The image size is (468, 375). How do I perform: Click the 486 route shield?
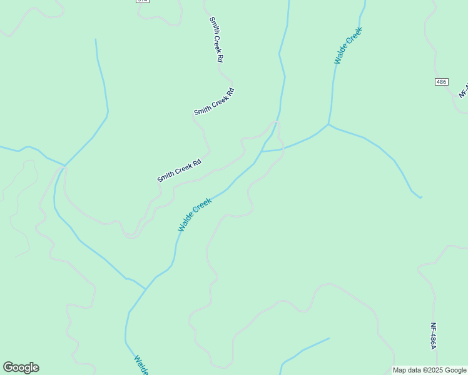[x=442, y=82]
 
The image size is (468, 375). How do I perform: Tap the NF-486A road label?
[x=433, y=336]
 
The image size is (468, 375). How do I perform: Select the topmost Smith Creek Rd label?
[x=216, y=39]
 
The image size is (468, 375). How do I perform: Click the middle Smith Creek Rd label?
[x=214, y=102]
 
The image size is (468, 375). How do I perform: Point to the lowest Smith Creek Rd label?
[x=179, y=171]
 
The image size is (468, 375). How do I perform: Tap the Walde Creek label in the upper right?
[x=348, y=46]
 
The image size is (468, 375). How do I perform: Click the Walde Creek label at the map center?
[x=195, y=215]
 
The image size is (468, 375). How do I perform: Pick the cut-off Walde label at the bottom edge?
[x=141, y=365]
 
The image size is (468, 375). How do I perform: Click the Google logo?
[x=21, y=367]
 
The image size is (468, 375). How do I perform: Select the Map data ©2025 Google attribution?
[x=429, y=370]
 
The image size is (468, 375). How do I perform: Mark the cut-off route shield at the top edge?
[x=142, y=1]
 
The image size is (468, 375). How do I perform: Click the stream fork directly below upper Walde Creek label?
[x=328, y=124]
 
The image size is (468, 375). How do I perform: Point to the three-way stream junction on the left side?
[x=65, y=166]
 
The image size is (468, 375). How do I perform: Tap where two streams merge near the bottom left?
[x=146, y=289]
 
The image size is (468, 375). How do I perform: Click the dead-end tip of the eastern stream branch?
[x=421, y=197]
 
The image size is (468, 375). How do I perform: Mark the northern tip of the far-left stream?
[x=96, y=39]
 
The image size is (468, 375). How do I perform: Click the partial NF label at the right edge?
[x=464, y=90]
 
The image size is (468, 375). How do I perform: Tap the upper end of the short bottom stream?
[x=329, y=338]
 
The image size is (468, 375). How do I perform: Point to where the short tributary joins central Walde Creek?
[x=262, y=151]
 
